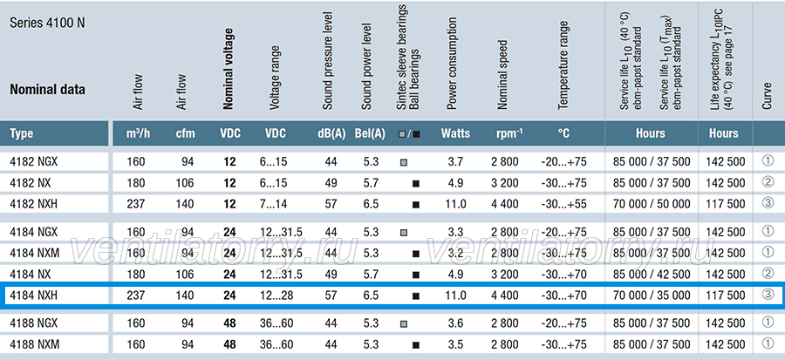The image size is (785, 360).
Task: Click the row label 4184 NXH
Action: (x=33, y=295)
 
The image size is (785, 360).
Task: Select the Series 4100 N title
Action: (x=48, y=23)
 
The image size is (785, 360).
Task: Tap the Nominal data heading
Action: (x=48, y=90)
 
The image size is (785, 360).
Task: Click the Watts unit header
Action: (x=455, y=133)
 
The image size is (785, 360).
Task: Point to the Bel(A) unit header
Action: (x=370, y=133)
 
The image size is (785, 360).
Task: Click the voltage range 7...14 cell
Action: (x=273, y=204)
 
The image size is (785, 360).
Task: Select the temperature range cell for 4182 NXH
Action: (x=563, y=204)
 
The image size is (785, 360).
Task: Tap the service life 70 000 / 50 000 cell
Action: (x=652, y=204)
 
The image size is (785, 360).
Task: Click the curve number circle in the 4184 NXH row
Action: (x=768, y=295)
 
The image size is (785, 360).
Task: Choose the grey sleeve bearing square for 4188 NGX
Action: (x=404, y=324)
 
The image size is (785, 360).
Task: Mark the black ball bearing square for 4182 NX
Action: (x=415, y=184)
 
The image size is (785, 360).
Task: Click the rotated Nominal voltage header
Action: (x=229, y=69)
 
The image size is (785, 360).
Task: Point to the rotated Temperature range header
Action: (x=563, y=65)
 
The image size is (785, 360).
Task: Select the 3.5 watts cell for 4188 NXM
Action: (x=455, y=344)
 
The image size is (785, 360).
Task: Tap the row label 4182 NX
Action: (x=31, y=183)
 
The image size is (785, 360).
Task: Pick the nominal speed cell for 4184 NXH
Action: (x=504, y=295)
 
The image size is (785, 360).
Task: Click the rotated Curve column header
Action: (x=767, y=96)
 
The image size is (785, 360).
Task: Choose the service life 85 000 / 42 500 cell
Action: (x=652, y=274)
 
